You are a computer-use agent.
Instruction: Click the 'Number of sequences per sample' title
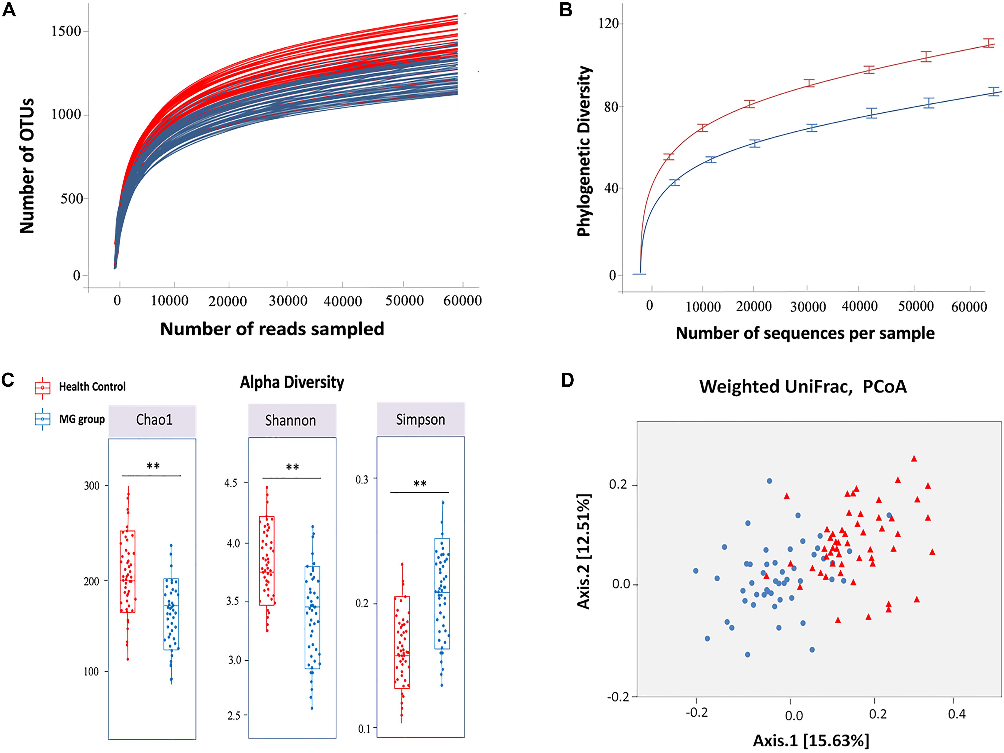pos(805,333)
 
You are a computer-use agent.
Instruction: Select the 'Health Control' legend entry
pos(92,387)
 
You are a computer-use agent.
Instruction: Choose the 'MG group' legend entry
pos(82,419)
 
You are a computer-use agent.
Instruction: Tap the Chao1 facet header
pos(154,419)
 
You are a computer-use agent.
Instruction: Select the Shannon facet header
pos(291,420)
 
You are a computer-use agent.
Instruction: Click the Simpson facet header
pos(420,419)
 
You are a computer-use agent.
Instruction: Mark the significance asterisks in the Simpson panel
pos(420,484)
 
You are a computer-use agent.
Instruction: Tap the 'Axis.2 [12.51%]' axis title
pos(583,551)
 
